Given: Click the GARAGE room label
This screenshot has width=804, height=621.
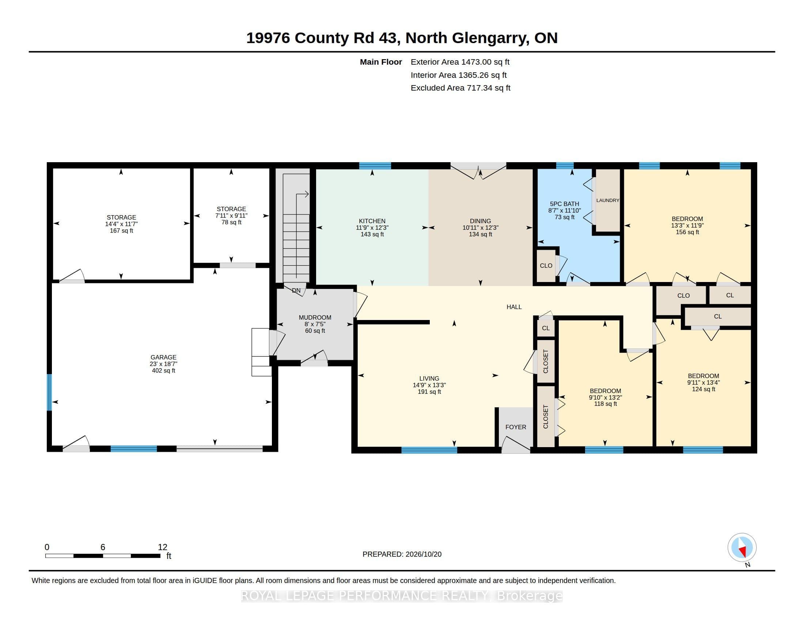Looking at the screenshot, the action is [163, 357].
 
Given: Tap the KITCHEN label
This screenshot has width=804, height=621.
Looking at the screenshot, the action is [372, 221].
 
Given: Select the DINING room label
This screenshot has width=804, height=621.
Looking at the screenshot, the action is [481, 221].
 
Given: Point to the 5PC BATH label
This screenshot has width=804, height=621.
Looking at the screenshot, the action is [564, 204].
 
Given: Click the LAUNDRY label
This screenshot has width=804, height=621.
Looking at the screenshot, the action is [608, 201].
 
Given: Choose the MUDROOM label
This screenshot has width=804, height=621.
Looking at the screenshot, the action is [315, 317].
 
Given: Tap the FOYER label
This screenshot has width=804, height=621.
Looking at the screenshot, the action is [516, 427].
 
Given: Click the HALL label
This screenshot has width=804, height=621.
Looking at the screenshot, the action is [514, 307].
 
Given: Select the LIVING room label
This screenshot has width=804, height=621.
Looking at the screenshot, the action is [429, 378].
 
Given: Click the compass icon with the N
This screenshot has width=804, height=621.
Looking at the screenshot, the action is [742, 548].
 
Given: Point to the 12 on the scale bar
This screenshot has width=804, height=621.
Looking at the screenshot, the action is [163, 547].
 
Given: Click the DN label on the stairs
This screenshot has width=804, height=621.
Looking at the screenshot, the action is [296, 291].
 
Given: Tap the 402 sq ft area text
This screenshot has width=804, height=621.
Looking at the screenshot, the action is [163, 370].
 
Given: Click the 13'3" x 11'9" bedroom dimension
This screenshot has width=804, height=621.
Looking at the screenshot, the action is [687, 225].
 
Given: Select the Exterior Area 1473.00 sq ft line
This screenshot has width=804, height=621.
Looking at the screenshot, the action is [460, 62].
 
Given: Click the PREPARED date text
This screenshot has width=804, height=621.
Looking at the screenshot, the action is [402, 554].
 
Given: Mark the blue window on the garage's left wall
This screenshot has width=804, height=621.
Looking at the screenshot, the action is [49, 392].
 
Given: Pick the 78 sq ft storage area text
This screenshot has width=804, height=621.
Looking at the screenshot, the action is [232, 222].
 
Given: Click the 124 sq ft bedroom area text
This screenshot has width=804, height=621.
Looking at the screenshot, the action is [703, 389].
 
